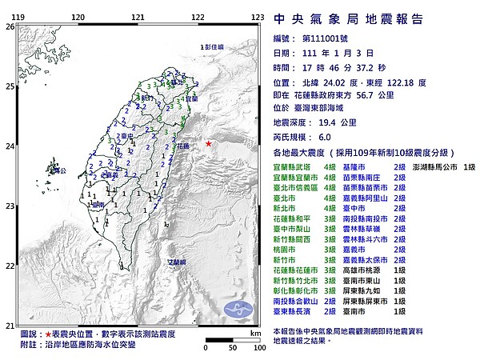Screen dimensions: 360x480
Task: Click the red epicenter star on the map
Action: point(208,143)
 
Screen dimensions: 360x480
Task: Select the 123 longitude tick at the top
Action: point(258,16)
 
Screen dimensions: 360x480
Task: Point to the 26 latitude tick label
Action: point(10,26)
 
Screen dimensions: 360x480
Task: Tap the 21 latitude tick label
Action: point(10,325)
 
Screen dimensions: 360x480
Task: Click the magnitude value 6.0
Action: point(324,137)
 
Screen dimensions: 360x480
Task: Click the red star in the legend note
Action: point(49,334)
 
